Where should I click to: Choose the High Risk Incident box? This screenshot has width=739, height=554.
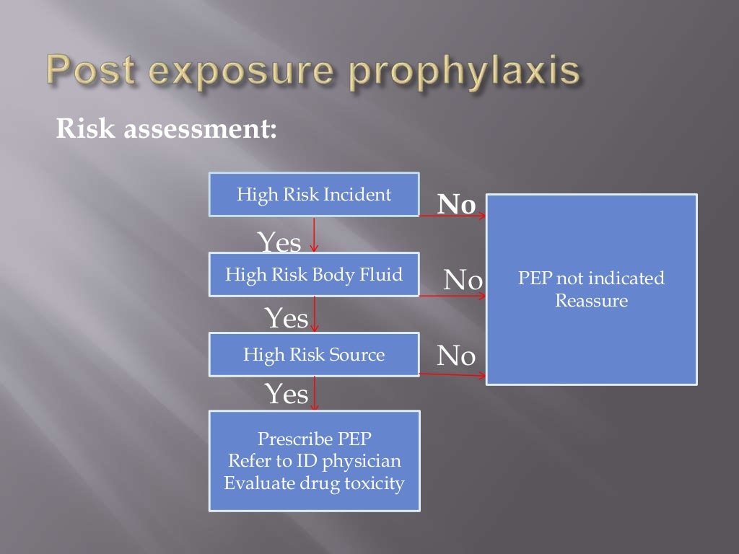[314, 195]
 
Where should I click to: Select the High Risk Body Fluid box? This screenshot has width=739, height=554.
[314, 275]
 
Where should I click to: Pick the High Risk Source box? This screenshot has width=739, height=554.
[314, 354]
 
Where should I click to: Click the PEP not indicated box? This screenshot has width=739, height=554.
[591, 289]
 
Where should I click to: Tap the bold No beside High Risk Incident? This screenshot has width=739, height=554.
[457, 206]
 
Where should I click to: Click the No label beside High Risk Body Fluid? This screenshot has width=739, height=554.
[463, 279]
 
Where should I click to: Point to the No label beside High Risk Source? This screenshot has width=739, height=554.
[456, 355]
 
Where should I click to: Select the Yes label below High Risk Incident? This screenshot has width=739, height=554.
[279, 243]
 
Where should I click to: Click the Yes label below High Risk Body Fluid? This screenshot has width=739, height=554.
[287, 317]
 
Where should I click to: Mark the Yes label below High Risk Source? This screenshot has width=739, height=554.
[287, 394]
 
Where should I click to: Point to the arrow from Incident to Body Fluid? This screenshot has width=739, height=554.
[314, 234]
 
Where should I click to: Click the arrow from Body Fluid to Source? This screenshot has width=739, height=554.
[314, 315]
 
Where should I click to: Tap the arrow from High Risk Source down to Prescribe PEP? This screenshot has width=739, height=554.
[314, 393]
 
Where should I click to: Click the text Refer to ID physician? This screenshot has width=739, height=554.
[314, 461]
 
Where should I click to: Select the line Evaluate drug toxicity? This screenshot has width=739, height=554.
[314, 483]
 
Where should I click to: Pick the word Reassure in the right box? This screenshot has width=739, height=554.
[591, 300]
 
